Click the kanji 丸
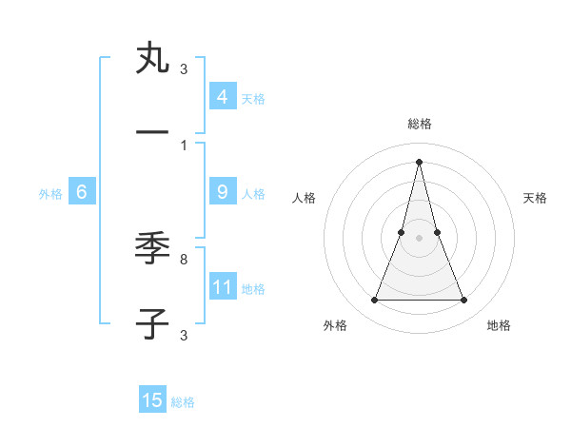pyautogui.click(x=151, y=59)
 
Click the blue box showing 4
pyautogui.click(x=222, y=97)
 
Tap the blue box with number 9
pyautogui.click(x=222, y=192)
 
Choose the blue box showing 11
pyautogui.click(x=222, y=287)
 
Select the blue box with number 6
pyautogui.click(x=82, y=192)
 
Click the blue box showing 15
pyautogui.click(x=152, y=400)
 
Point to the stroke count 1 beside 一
pyautogui.click(x=184, y=145)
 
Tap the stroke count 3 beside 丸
pyautogui.click(x=184, y=68)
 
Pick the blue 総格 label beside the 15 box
pyautogui.click(x=183, y=402)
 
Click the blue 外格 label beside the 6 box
pyautogui.click(x=50, y=194)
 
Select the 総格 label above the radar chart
pyautogui.click(x=419, y=124)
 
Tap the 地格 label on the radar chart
pyautogui.click(x=499, y=325)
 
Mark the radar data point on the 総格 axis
pyautogui.click(x=419, y=161)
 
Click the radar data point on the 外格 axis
pyautogui.click(x=374, y=301)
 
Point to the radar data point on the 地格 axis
pyautogui.click(x=463, y=301)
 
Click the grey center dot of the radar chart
pyautogui.click(x=419, y=238)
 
